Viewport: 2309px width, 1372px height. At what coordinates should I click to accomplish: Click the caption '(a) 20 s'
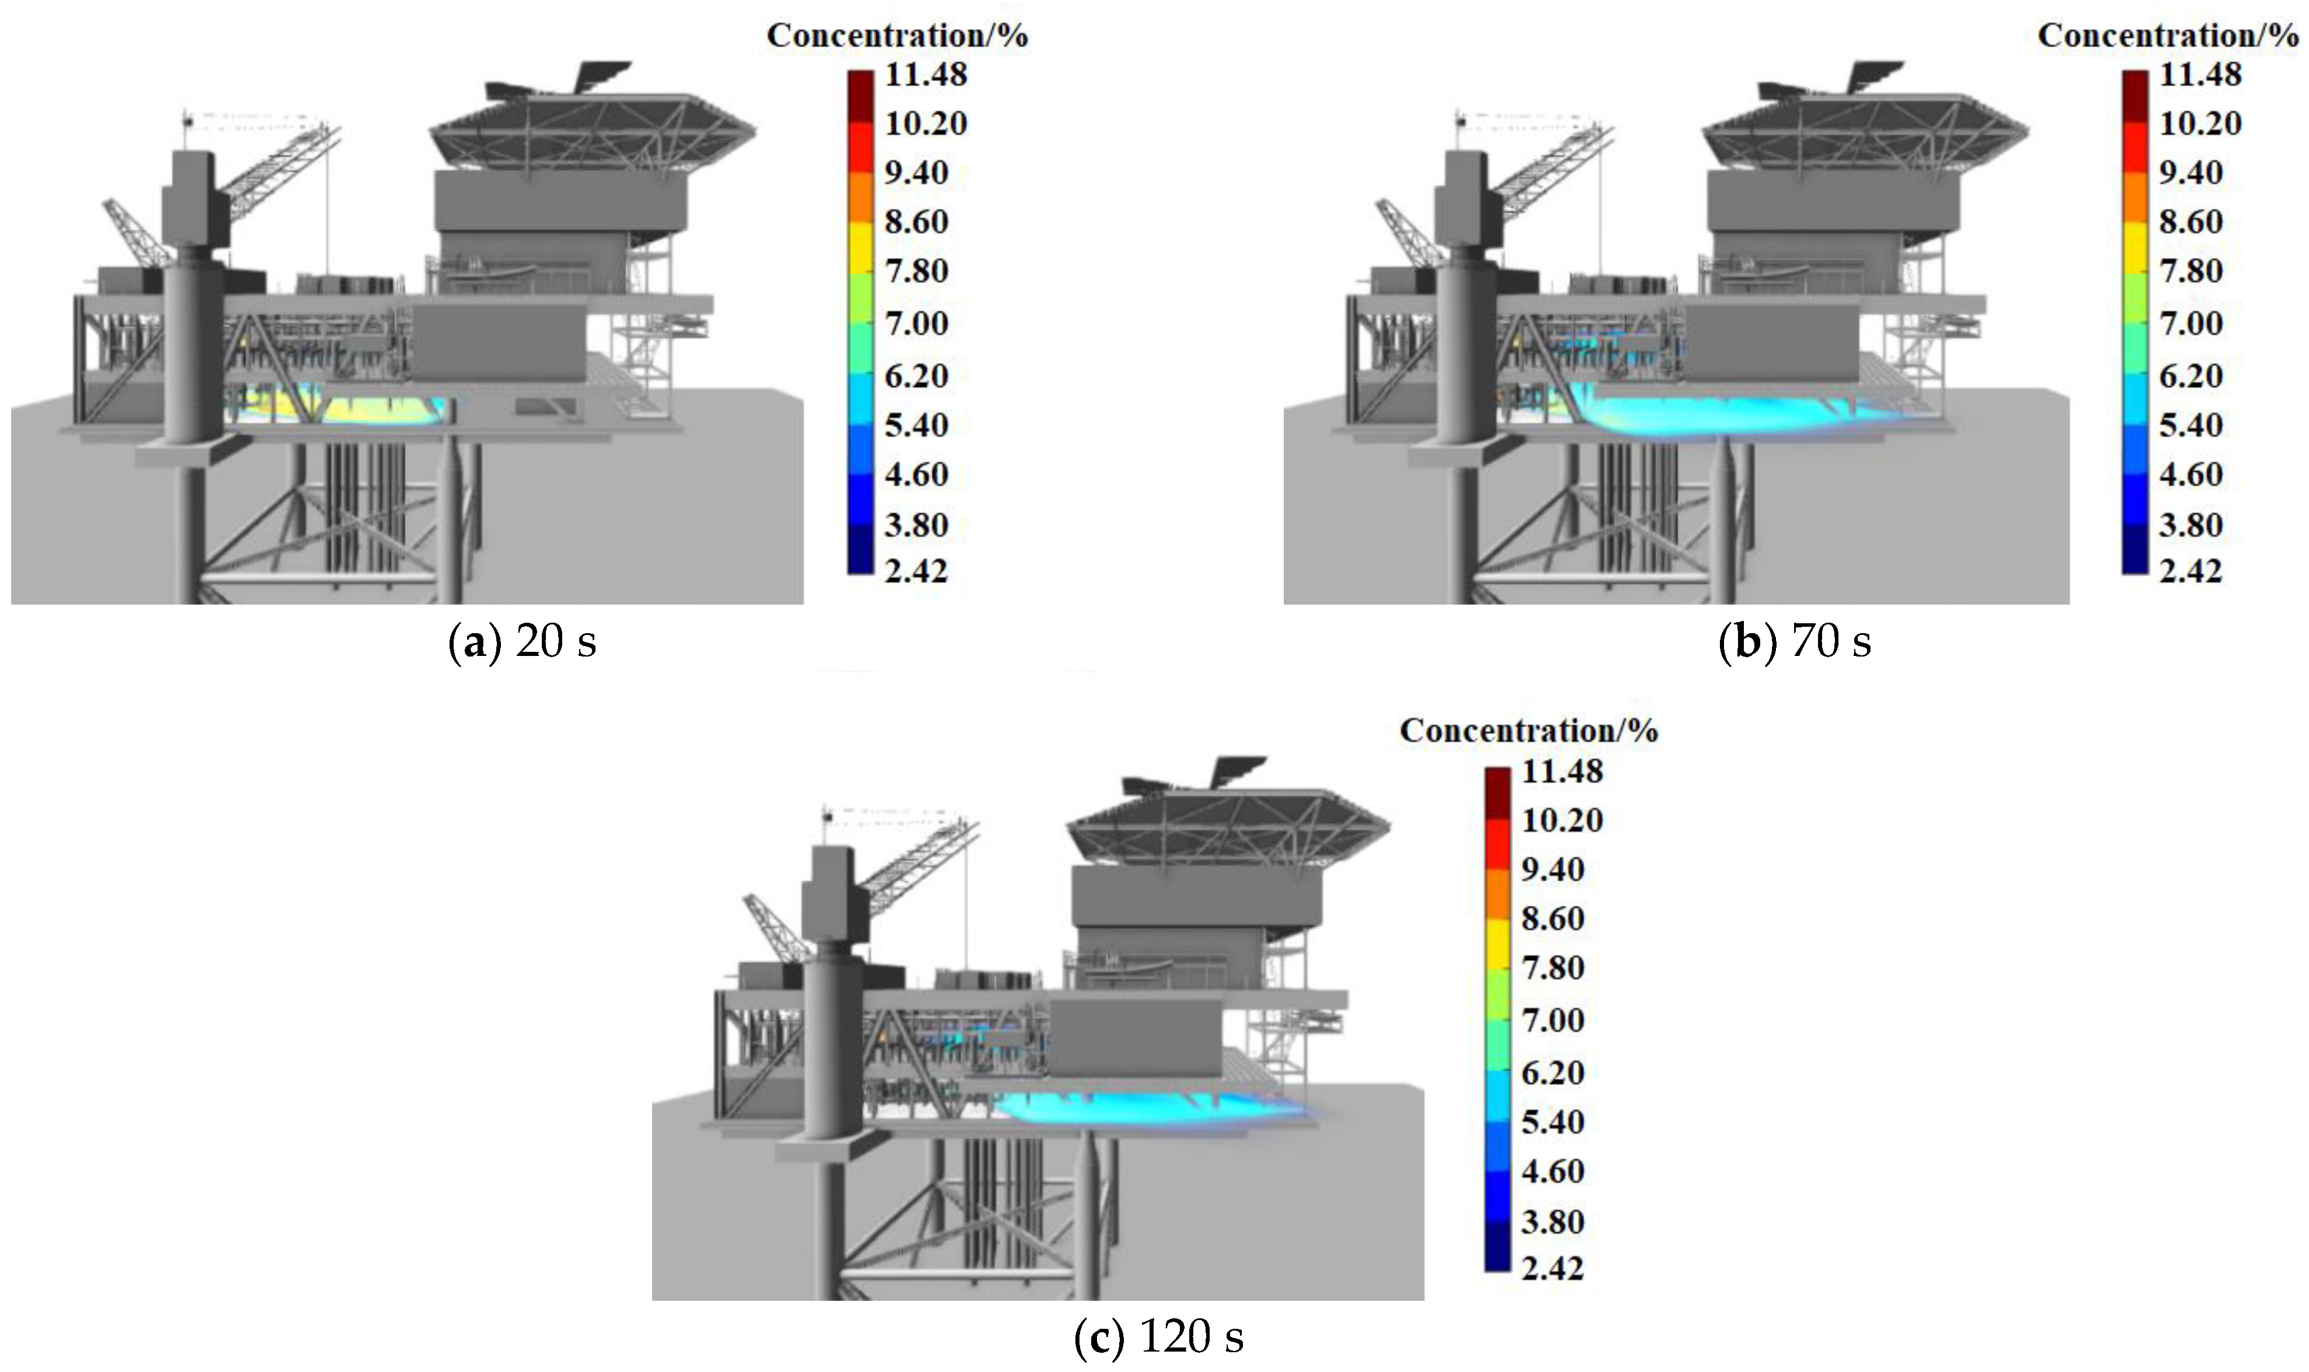click(523, 641)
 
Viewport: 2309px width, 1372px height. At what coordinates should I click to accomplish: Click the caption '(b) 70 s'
click(1794, 641)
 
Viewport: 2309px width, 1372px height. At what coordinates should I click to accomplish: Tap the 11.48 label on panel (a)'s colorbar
click(925, 75)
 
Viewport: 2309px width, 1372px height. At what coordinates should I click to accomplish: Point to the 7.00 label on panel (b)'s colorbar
click(2190, 323)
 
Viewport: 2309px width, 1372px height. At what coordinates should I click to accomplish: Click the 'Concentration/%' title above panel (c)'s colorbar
click(1528, 731)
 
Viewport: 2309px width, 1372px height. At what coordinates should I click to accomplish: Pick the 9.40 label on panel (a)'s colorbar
click(915, 173)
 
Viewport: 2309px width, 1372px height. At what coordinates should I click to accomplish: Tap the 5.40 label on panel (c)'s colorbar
click(1552, 1122)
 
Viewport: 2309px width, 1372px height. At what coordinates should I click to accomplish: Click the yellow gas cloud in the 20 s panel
click(370, 409)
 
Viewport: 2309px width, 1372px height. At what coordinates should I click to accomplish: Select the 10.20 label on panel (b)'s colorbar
click(2199, 124)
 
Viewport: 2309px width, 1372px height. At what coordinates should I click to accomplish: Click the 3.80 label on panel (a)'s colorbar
click(915, 525)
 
